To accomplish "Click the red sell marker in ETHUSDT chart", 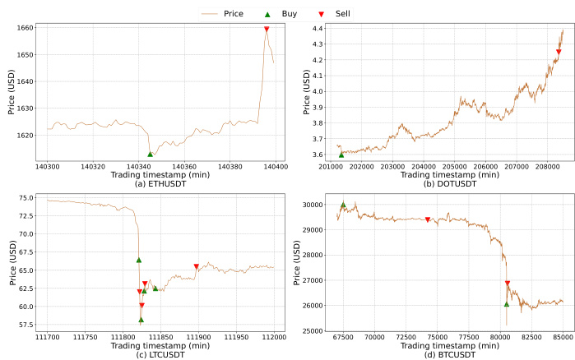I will point(267,30).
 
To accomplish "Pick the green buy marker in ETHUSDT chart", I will point(151,154).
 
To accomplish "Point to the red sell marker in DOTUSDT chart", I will point(559,53).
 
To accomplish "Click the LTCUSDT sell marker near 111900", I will point(196,266).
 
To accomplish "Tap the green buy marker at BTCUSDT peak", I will point(343,205).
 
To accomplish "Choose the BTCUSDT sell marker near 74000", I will point(428,219).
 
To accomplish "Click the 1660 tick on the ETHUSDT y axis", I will point(26,28).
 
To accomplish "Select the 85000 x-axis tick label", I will point(563,337).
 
